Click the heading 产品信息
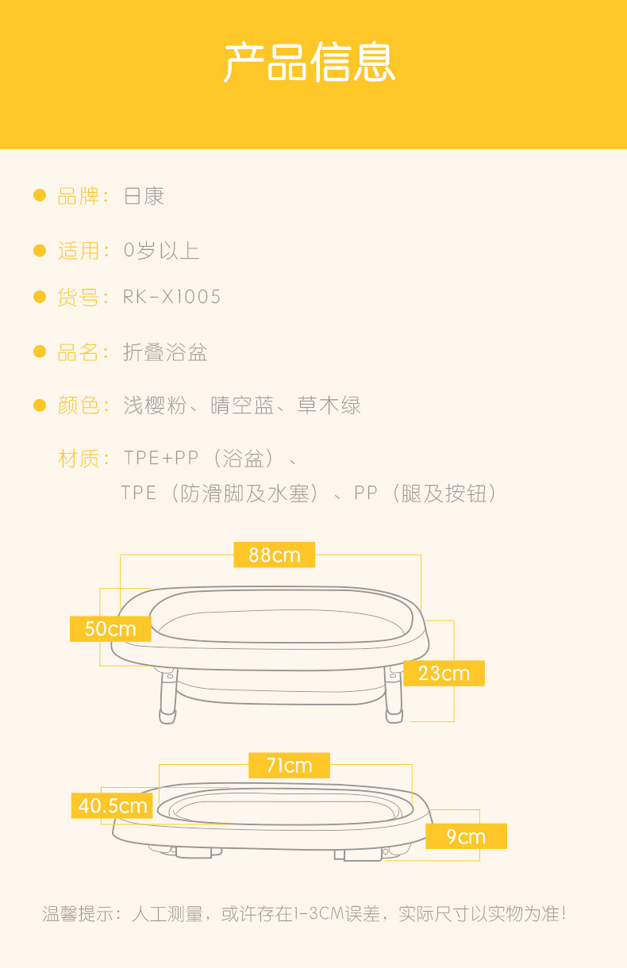pyautogui.click(x=310, y=63)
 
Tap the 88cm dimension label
pyautogui.click(x=275, y=555)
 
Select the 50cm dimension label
pyautogui.click(x=110, y=629)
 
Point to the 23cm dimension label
pyautogui.click(x=444, y=674)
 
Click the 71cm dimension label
pyautogui.click(x=289, y=766)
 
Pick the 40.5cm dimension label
pyautogui.click(x=113, y=806)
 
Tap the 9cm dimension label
pyautogui.click(x=466, y=837)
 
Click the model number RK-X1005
pyautogui.click(x=172, y=298)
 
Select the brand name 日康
pyautogui.click(x=144, y=196)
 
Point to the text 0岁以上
pyautogui.click(x=161, y=251)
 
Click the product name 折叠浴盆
pyautogui.click(x=165, y=352)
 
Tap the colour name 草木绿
pyautogui.click(x=329, y=406)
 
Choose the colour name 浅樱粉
pyautogui.click(x=155, y=406)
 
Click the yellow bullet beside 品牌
pyautogui.click(x=40, y=196)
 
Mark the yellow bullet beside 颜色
pyautogui.click(x=40, y=406)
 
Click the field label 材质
pyautogui.click(x=79, y=459)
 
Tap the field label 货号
pyautogui.click(x=79, y=298)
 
